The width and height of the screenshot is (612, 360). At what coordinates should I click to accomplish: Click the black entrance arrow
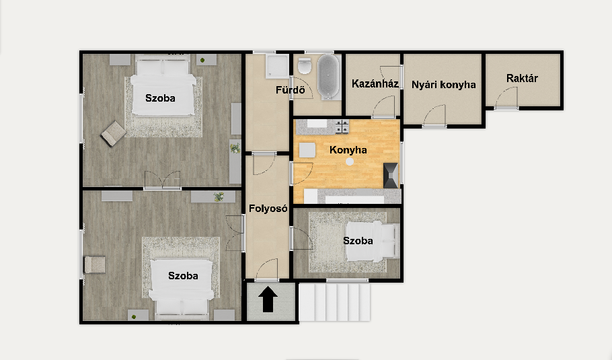[x=268, y=299]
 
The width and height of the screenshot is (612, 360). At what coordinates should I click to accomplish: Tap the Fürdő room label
[x=290, y=90]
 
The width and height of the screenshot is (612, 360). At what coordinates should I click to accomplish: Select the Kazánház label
[x=375, y=83]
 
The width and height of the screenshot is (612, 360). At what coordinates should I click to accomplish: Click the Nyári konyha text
[x=443, y=85]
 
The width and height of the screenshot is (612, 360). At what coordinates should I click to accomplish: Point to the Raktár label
[x=522, y=78]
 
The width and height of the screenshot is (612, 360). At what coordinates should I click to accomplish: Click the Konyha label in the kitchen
[x=348, y=150]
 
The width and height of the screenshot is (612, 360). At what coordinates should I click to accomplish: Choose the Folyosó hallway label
[x=268, y=209]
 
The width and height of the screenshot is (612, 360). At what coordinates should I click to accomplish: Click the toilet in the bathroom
[x=305, y=66]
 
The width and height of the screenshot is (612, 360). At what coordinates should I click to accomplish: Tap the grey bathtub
[x=328, y=77]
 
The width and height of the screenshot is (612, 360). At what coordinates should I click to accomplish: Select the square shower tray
[x=276, y=65]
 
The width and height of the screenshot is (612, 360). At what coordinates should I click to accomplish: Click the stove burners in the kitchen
[x=342, y=127]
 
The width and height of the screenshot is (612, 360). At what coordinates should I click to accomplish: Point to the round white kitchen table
[x=350, y=161]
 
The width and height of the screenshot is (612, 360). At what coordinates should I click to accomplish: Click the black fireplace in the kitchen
[x=391, y=176]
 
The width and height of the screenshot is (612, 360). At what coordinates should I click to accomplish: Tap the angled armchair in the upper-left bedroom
[x=114, y=133]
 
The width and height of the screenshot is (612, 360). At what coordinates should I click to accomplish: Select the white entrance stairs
[x=334, y=302]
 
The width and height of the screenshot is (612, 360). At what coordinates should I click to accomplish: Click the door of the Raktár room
[x=506, y=98]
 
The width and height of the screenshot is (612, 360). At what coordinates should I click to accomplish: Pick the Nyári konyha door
[x=434, y=116]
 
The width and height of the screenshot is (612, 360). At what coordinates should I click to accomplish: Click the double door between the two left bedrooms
[x=162, y=180]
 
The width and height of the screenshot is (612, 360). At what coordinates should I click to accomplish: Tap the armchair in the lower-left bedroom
[x=95, y=264]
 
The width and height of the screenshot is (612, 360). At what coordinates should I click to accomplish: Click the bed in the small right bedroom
[x=373, y=241]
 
